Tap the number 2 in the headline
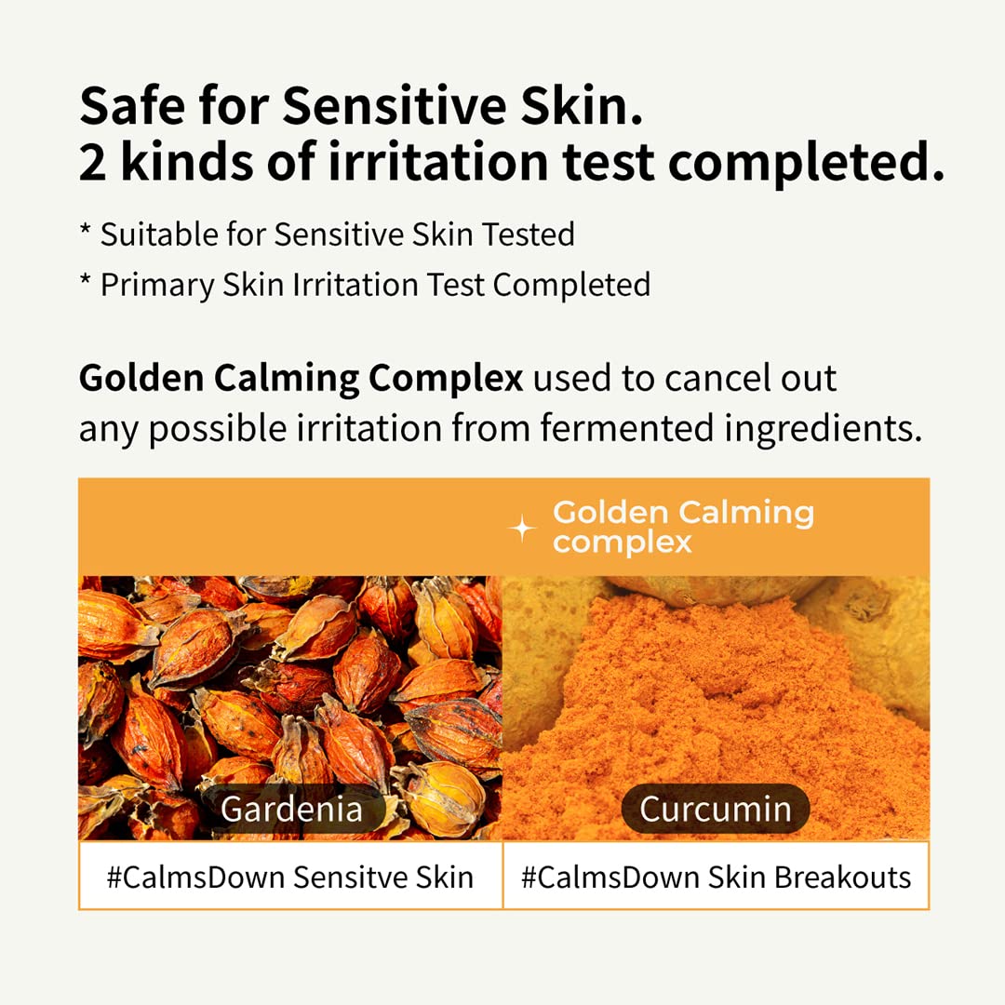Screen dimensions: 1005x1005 (92, 163)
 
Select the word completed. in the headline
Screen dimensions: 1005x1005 (806, 164)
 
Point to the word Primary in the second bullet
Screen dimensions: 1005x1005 (157, 284)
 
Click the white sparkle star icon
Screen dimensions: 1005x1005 (522, 529)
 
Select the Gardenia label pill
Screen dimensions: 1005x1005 (291, 809)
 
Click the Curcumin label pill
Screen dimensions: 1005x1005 (715, 809)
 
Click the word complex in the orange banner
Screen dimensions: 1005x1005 (622, 542)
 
